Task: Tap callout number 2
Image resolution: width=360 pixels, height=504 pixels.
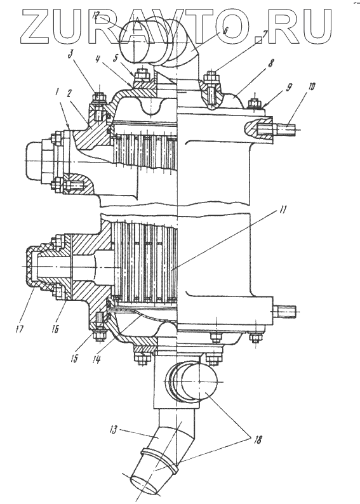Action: [70, 93]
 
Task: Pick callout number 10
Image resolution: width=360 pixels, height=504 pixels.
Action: [312, 87]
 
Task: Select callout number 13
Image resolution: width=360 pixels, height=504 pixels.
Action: [114, 430]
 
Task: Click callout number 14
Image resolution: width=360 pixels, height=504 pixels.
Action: [96, 358]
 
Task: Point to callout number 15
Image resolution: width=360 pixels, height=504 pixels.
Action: [74, 358]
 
